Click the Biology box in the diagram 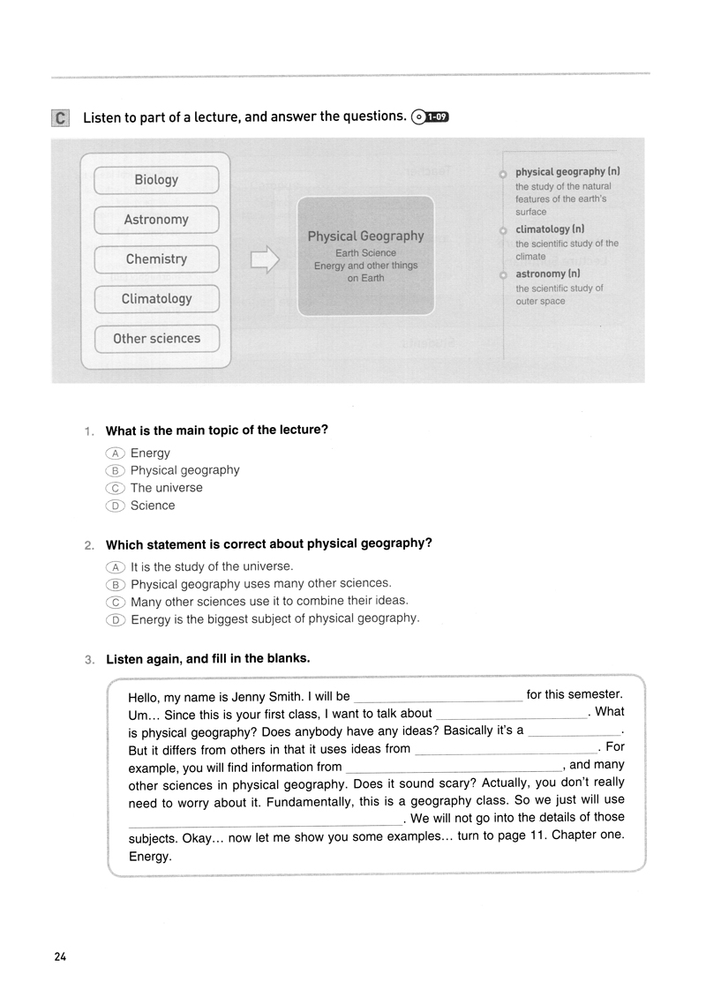(x=156, y=180)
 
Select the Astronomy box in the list (x=156, y=220)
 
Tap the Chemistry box (x=156, y=259)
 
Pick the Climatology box (x=156, y=299)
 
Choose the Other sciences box (x=156, y=339)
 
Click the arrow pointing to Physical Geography (x=265, y=259)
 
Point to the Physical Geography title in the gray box (x=365, y=236)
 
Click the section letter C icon (x=60, y=118)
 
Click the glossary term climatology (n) (x=550, y=229)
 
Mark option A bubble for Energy (x=116, y=453)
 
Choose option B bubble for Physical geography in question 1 (x=116, y=471)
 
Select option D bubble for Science (x=116, y=506)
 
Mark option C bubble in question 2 (x=116, y=602)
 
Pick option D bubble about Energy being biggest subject (x=116, y=619)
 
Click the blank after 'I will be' (x=438, y=696)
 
